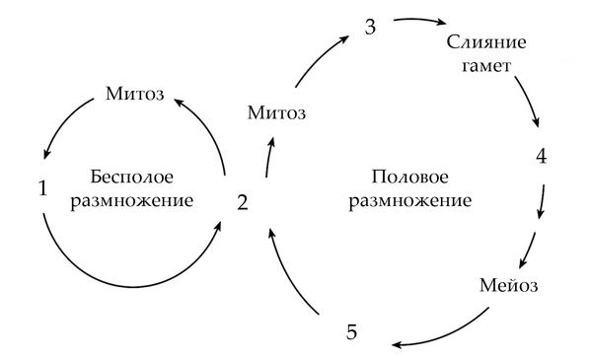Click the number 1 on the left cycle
click(x=41, y=187)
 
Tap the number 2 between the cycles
click(x=244, y=204)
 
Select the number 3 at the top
click(x=371, y=27)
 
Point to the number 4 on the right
click(x=541, y=158)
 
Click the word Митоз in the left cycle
click(x=134, y=96)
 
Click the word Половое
click(x=411, y=178)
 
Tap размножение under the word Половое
click(x=411, y=200)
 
